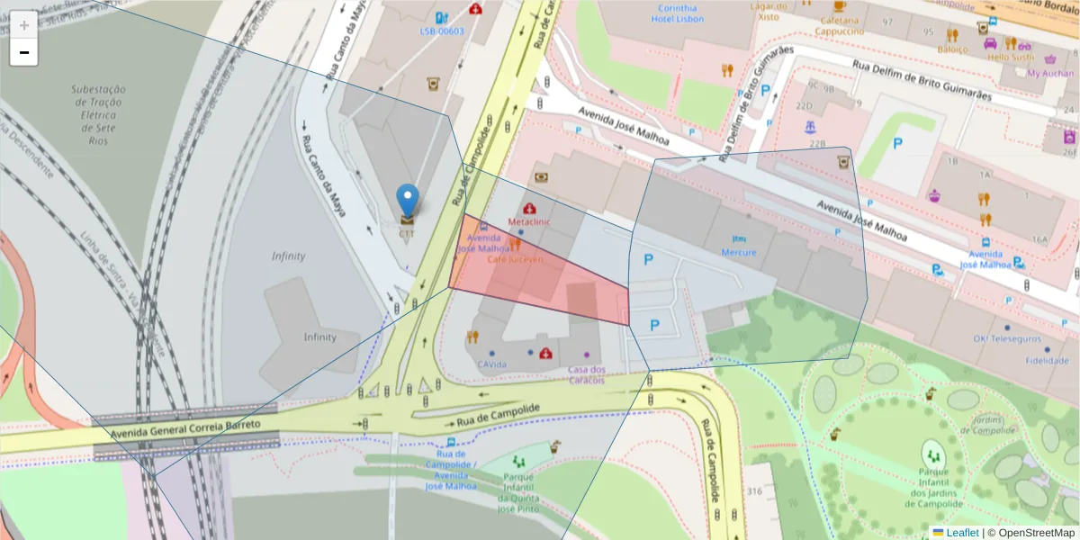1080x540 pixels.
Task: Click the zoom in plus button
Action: coord(24,25)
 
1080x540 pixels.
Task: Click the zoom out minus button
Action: coord(24,52)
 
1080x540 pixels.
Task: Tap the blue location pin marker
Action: coord(408,201)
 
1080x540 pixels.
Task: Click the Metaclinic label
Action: coord(529,220)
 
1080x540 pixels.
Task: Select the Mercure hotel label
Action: coord(738,252)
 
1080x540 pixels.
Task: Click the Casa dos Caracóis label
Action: coord(587,374)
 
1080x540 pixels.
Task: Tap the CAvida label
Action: coord(492,364)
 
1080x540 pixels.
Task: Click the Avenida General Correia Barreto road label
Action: coord(185,428)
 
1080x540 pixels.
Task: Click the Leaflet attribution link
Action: coord(962,532)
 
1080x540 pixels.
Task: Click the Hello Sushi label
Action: coord(1011,57)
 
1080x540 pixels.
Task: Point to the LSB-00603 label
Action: coord(441,31)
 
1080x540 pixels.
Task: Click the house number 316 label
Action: coord(753,490)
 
